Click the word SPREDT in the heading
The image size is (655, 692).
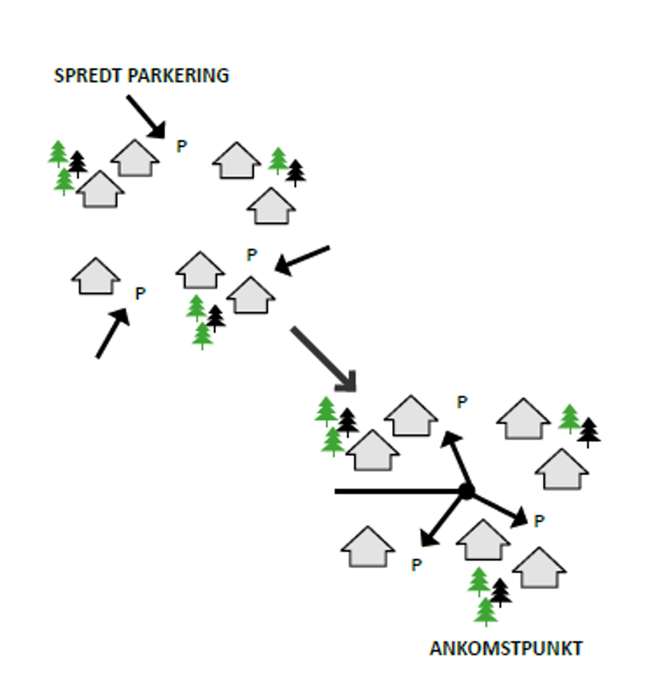(87, 76)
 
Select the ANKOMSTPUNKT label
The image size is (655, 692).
(506, 649)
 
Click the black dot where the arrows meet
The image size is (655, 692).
(467, 491)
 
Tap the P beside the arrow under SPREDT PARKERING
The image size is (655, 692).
(182, 147)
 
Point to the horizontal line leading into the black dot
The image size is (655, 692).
(397, 492)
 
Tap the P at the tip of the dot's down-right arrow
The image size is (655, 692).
(539, 521)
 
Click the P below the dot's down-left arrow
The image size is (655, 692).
(416, 565)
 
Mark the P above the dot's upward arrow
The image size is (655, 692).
(462, 402)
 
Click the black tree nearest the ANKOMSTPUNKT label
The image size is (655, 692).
(500, 592)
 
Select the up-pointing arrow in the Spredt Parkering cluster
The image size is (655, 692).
(112, 333)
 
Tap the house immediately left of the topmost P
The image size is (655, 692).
(135, 159)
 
